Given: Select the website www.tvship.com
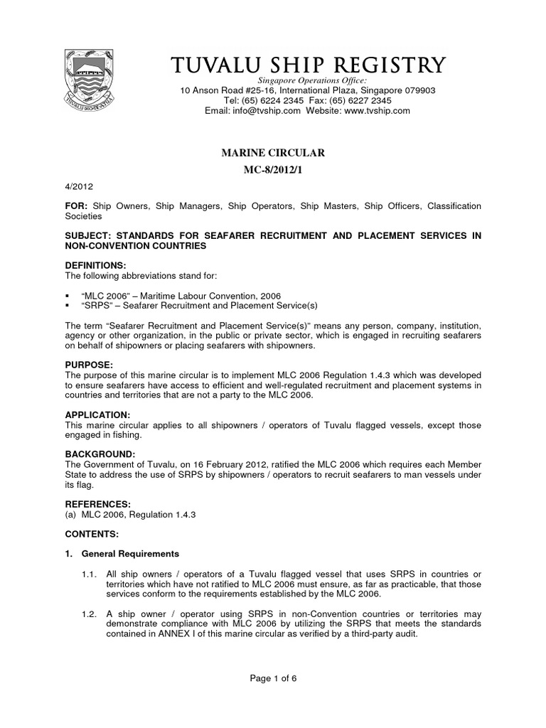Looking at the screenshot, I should [377, 111].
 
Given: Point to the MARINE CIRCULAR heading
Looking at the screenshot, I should [273, 153].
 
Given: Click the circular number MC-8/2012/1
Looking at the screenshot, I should [273, 171].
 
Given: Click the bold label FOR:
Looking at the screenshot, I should [76, 206].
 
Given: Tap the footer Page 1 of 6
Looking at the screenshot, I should [273, 678].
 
